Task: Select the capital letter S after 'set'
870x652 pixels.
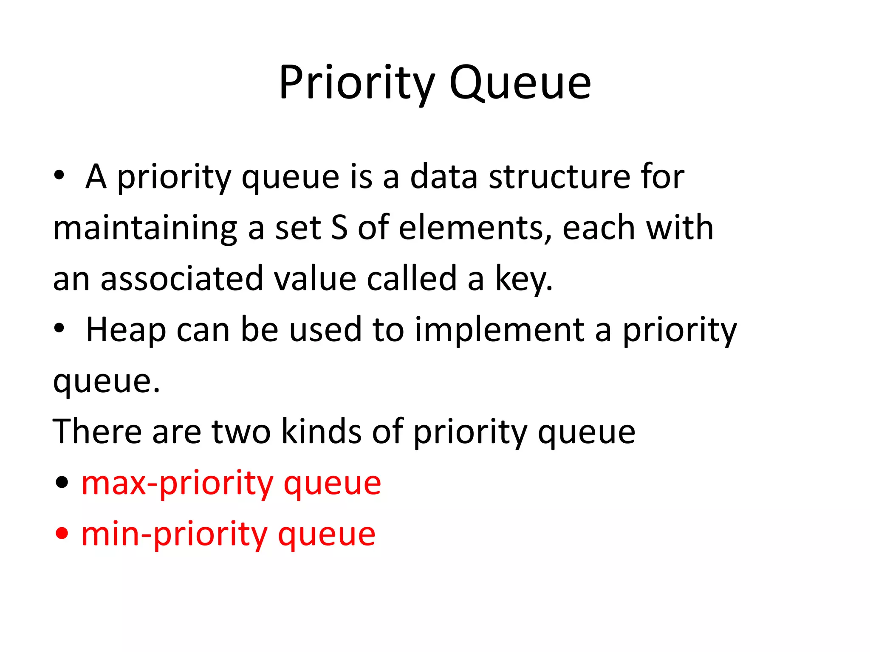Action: [339, 228]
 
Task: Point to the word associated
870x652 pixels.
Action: [182, 279]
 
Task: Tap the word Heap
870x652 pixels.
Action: [126, 330]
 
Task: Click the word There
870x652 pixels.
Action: [97, 432]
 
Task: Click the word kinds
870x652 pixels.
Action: [322, 432]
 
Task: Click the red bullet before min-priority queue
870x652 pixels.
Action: [62, 533]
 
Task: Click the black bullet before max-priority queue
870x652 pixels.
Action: [62, 482]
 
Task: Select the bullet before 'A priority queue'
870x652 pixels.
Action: [59, 176]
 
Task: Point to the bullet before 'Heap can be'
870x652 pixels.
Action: [59, 329]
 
